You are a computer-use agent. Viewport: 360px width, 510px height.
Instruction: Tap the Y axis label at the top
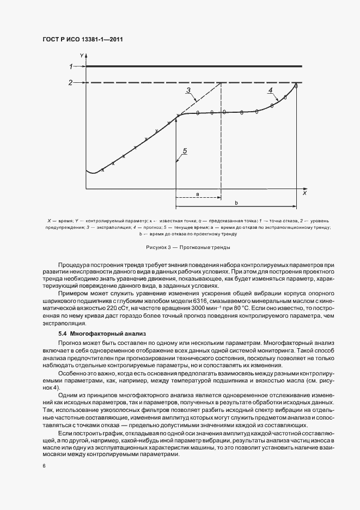click(x=81, y=56)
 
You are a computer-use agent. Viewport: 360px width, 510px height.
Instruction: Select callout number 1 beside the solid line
click(x=70, y=66)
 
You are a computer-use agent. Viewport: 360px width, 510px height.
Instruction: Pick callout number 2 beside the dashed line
click(x=70, y=83)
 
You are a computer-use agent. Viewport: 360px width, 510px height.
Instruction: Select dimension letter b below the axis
click(x=235, y=203)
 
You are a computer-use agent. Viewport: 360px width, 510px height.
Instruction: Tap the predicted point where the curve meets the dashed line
click(x=296, y=85)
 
